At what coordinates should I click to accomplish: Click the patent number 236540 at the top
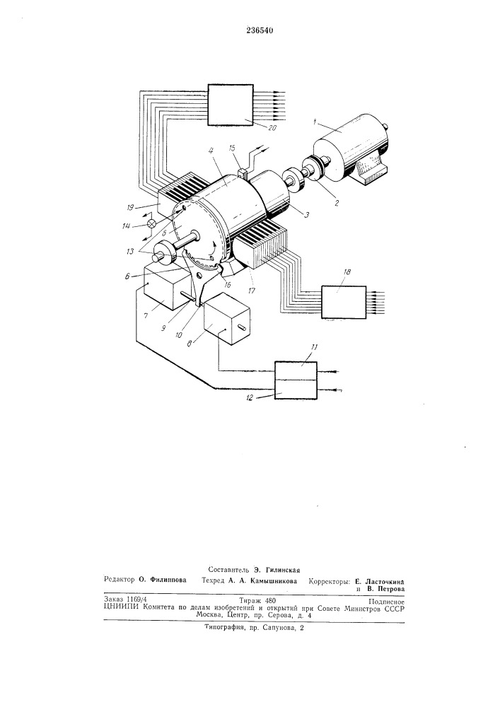point(260,30)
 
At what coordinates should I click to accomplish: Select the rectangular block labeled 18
point(343,302)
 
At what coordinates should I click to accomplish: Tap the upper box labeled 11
point(296,370)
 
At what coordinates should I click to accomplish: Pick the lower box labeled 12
point(296,390)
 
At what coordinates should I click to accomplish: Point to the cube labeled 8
point(226,323)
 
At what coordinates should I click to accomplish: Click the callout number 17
point(252,291)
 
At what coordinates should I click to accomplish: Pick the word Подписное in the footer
point(386,601)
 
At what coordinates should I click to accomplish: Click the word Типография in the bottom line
point(223,627)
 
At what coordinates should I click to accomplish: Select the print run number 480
point(270,600)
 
